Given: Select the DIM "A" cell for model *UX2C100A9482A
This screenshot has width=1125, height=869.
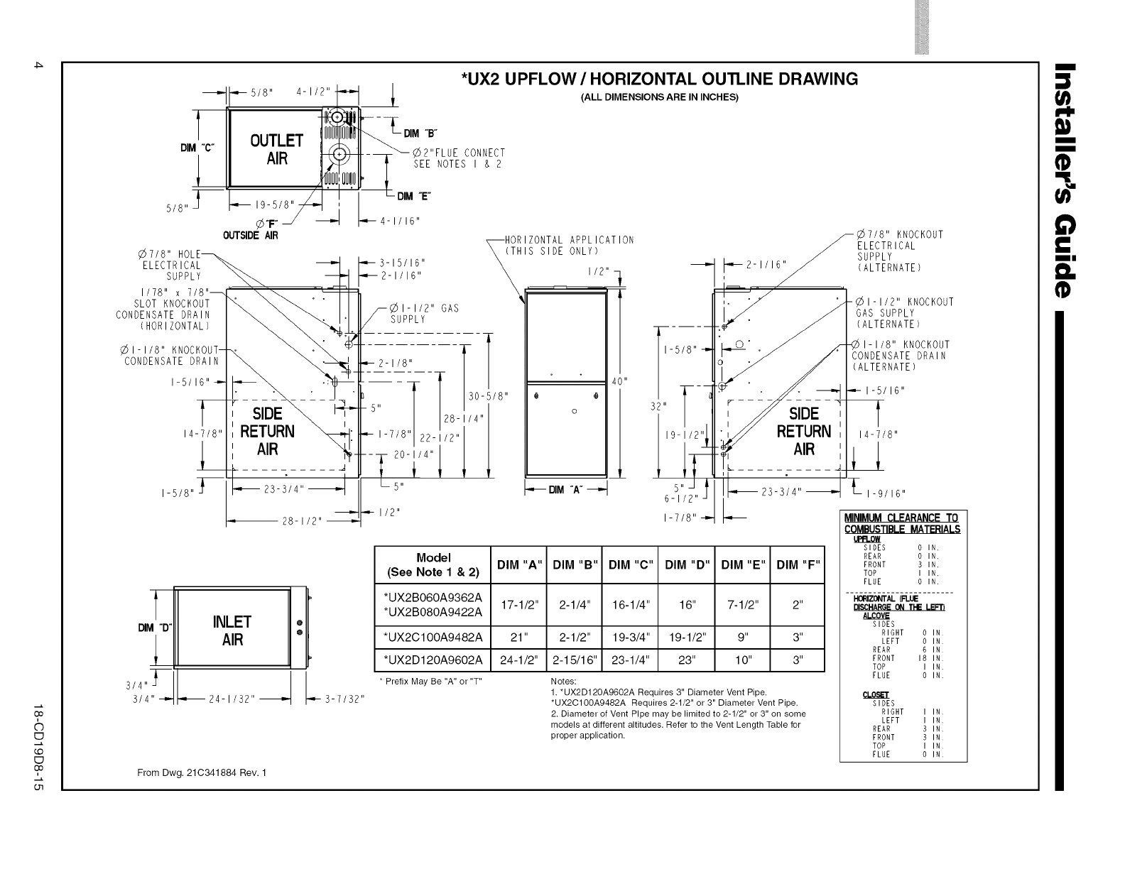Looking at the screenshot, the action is [518, 637].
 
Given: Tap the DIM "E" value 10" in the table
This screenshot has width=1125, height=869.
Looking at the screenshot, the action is [741, 660].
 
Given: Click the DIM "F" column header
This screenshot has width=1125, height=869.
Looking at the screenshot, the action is [798, 565].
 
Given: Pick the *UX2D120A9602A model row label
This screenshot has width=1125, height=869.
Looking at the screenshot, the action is [433, 660].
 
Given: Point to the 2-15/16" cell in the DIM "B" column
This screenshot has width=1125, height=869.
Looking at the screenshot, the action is [574, 660].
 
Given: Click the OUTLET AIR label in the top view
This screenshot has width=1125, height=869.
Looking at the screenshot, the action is [276, 149].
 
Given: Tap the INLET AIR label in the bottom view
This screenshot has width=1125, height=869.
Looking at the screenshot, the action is [232, 630].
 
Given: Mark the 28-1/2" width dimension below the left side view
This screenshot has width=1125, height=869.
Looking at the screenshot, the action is [302, 520].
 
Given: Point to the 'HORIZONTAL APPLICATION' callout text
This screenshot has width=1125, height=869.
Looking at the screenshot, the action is [569, 240].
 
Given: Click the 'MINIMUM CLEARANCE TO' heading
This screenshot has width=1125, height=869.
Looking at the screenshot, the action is [901, 518].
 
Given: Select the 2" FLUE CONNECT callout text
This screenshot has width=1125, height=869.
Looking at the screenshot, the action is [459, 153].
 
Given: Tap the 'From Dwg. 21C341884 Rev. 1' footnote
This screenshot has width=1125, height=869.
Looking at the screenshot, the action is [201, 773].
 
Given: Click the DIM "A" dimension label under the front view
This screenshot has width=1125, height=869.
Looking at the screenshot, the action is [566, 490].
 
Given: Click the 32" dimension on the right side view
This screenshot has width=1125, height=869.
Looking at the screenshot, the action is [659, 406].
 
